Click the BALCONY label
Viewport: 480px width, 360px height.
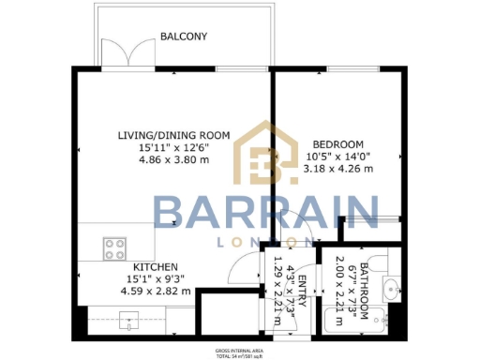tap(183, 37)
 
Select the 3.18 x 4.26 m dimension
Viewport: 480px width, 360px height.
tap(337, 169)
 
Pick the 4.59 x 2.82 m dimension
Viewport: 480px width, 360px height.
tap(156, 291)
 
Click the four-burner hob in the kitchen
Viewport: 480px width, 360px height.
tap(115, 250)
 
